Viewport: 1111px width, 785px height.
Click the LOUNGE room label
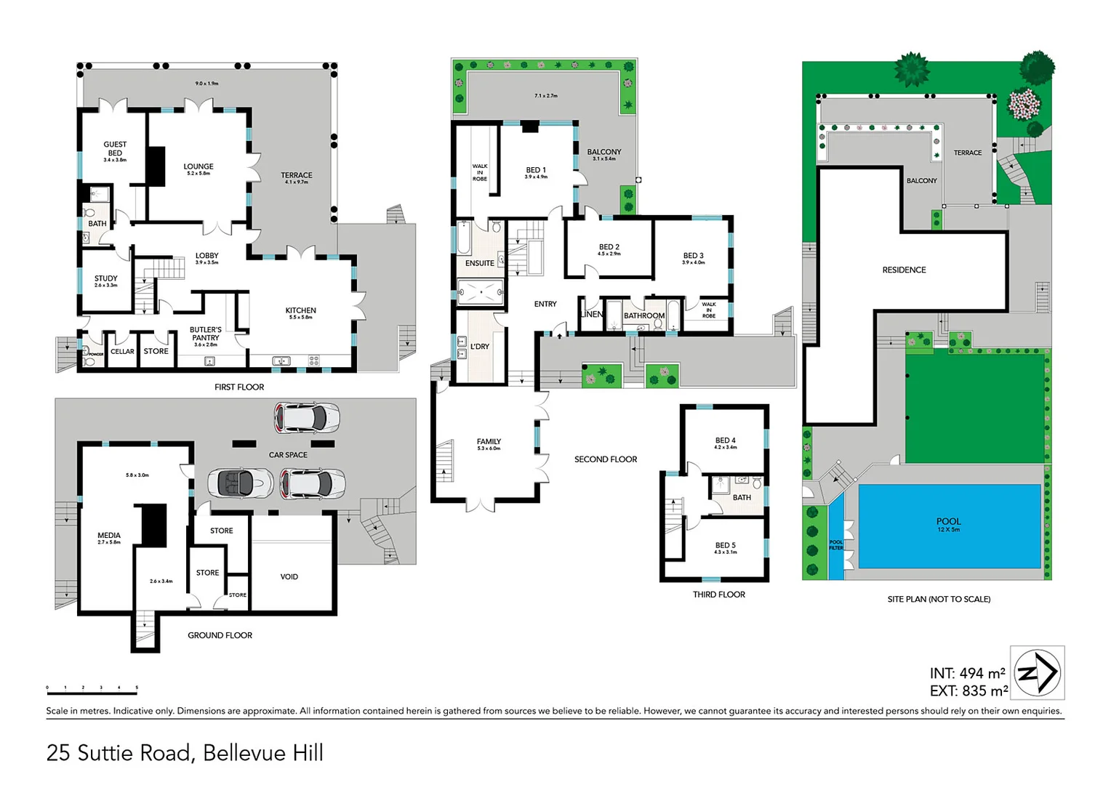(198, 166)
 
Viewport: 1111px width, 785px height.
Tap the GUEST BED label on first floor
(115, 149)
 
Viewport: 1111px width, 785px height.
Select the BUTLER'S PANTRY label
(206, 334)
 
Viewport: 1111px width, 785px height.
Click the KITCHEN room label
(301, 310)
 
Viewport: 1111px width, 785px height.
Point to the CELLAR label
(122, 352)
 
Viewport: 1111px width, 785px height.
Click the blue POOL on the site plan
(949, 526)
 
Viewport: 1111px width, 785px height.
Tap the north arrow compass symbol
(1038, 673)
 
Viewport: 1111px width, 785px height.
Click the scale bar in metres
(92, 688)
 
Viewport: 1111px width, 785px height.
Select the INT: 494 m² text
(967, 674)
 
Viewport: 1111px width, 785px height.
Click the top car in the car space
(306, 417)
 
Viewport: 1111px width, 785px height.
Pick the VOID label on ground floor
(289, 577)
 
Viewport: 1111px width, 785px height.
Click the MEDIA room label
(109, 536)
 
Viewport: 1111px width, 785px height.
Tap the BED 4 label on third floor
(725, 440)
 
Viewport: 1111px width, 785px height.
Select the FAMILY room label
(489, 442)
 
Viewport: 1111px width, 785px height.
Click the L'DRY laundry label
(480, 347)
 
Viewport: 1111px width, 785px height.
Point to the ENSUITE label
(480, 263)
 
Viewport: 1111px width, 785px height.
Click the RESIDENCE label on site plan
(904, 270)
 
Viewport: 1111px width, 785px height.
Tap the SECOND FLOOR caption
(606, 459)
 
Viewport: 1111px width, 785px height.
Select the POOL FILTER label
(836, 544)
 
